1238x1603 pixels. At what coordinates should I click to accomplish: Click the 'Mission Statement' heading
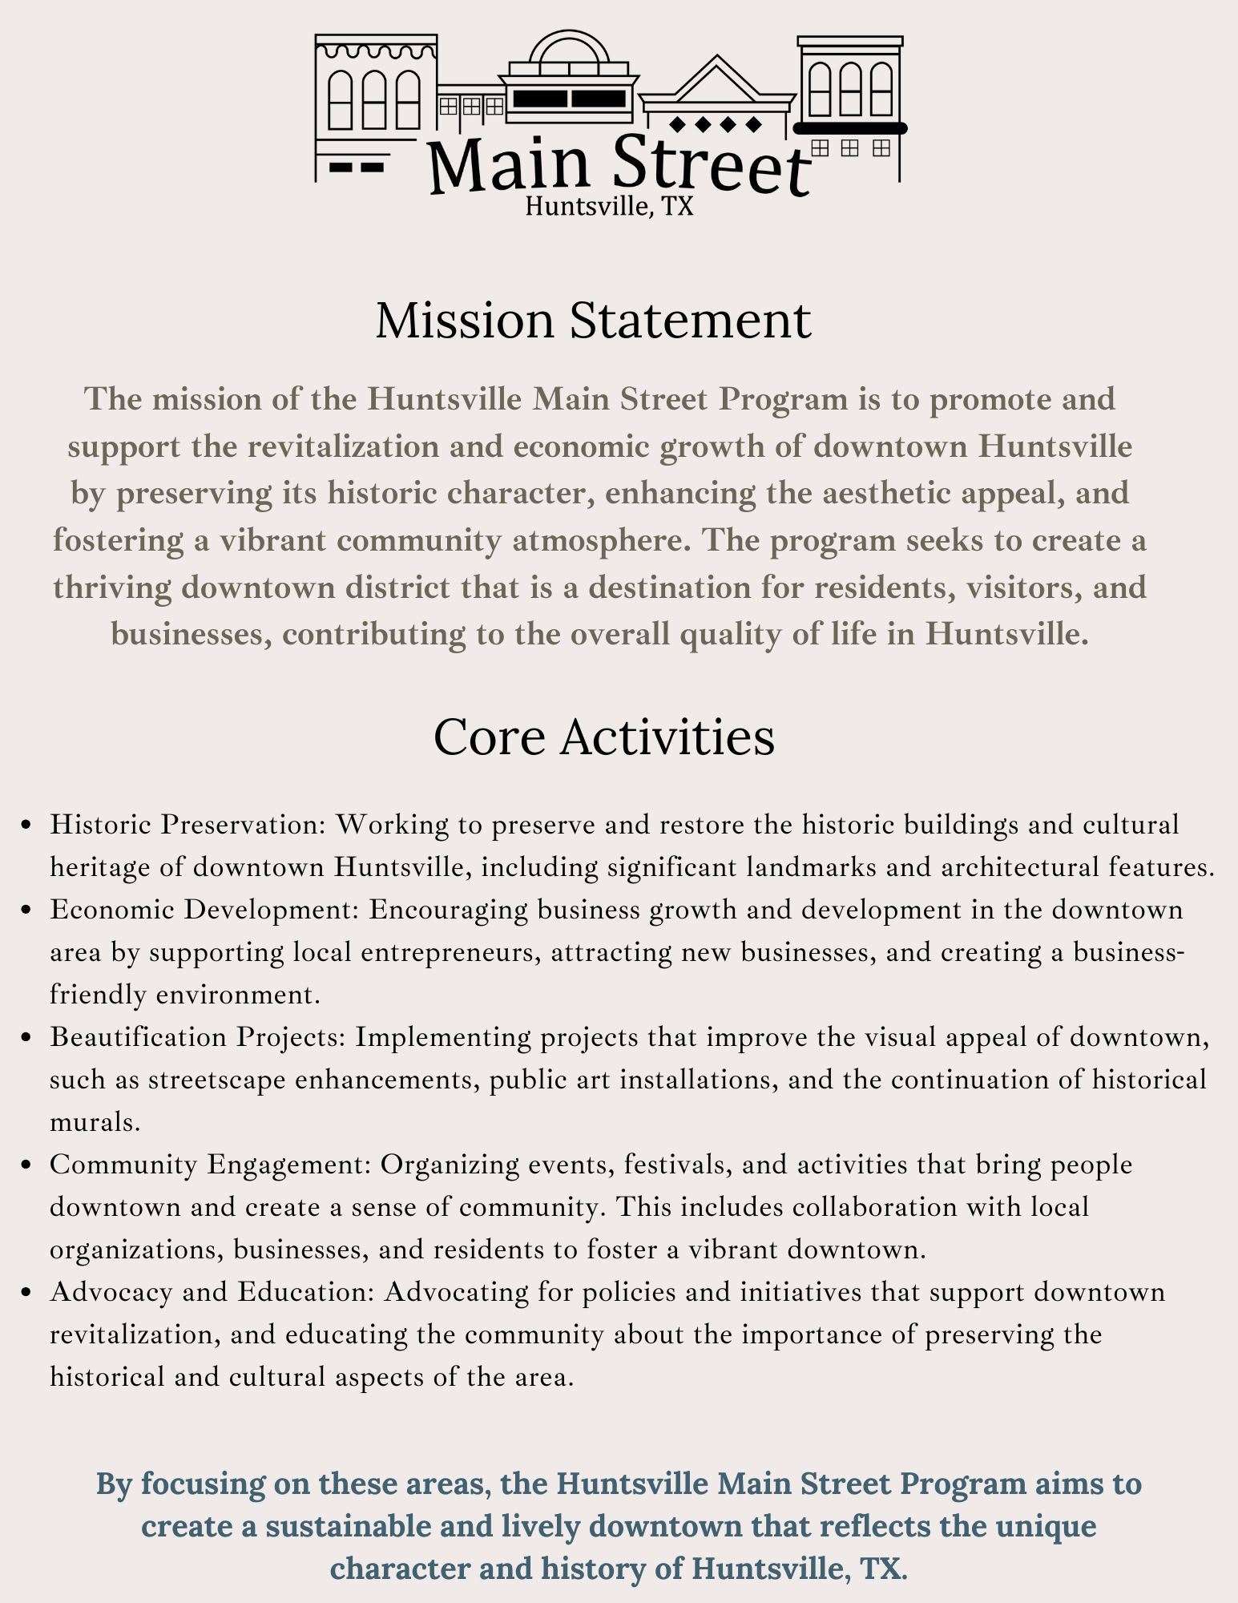pyautogui.click(x=593, y=321)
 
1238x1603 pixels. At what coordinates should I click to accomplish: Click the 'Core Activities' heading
pyautogui.click(x=603, y=737)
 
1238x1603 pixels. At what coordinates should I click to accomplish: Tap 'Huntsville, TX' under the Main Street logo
pyautogui.click(x=609, y=207)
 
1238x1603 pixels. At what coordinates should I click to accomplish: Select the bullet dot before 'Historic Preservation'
pyautogui.click(x=28, y=825)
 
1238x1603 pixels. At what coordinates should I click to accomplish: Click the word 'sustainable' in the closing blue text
pyautogui.click(x=358, y=1526)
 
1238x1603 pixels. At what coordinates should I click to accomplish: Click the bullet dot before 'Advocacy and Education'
pyautogui.click(x=28, y=1292)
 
